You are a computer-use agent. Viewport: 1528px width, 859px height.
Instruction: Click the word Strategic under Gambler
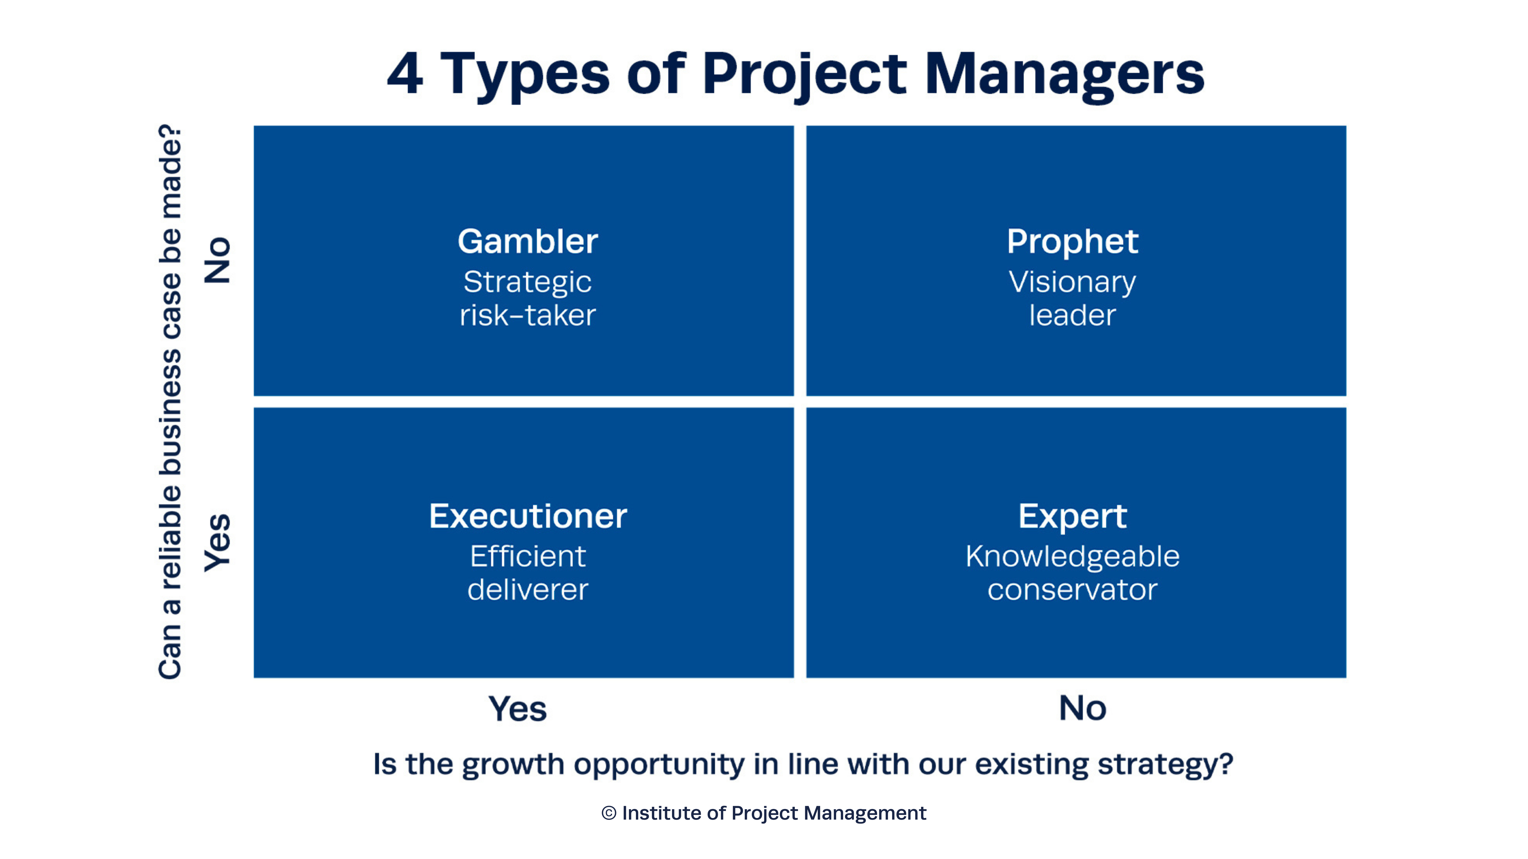pos(527,282)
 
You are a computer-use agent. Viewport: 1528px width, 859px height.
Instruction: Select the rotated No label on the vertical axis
pos(217,261)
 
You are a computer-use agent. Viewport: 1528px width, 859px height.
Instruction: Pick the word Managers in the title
pos(1065,74)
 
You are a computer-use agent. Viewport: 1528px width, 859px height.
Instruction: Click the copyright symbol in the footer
pos(608,813)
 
